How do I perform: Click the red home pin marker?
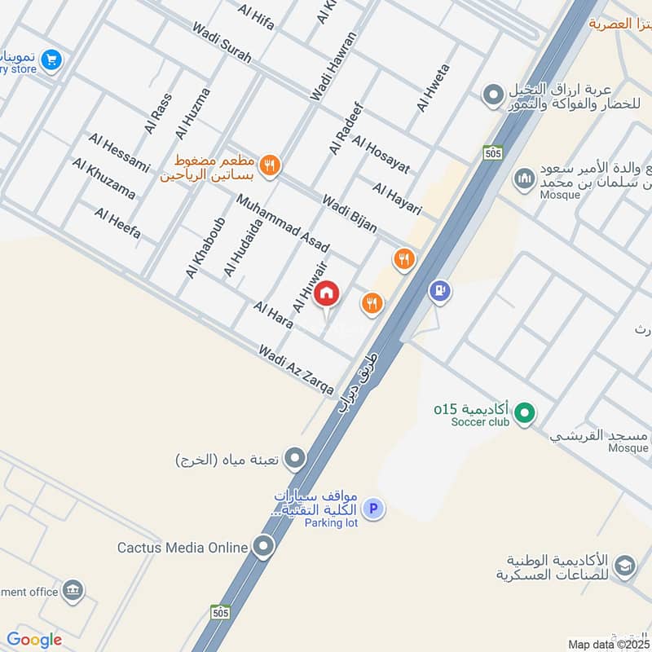coord(327,293)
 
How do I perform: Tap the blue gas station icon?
coord(440,291)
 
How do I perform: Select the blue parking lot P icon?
coord(373,509)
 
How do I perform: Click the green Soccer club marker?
coord(526,414)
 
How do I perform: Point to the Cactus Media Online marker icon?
coord(263,547)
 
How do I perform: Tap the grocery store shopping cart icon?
coord(51,59)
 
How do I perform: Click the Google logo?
coord(34,640)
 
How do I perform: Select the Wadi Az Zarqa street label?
coord(296,369)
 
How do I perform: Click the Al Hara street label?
coord(273,315)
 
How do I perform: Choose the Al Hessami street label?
coord(119,152)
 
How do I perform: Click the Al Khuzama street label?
coord(104,178)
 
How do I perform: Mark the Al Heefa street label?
coord(117,223)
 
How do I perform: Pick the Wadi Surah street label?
coord(222,42)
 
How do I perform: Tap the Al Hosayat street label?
coord(381,154)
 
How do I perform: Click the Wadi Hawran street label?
coord(333,67)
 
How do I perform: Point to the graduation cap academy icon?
coord(624,566)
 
